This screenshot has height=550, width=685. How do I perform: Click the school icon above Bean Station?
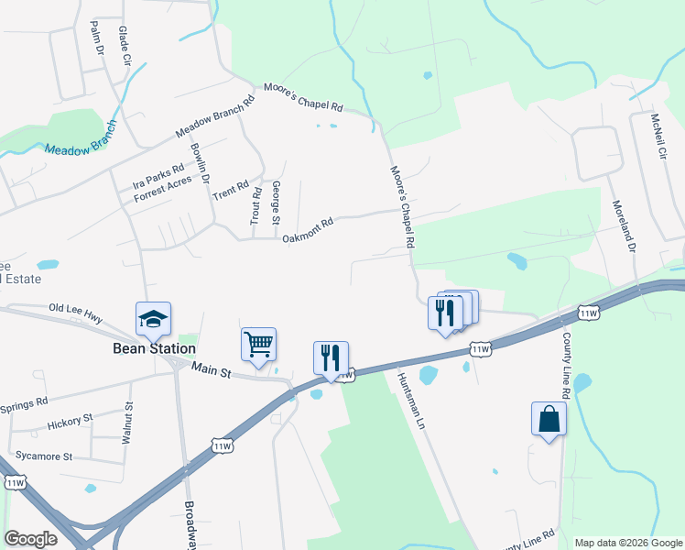pyautogui.click(x=154, y=318)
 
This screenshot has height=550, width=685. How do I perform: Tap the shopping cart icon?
pyautogui.click(x=258, y=345)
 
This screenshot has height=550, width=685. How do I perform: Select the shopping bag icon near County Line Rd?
pyautogui.click(x=549, y=418)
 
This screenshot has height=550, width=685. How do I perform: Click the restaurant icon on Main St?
pyautogui.click(x=331, y=357)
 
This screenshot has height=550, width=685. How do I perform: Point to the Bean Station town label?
pyautogui.click(x=154, y=348)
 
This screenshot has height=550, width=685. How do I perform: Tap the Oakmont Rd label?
pyautogui.click(x=307, y=230)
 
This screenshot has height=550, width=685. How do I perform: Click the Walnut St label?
pyautogui.click(x=129, y=423)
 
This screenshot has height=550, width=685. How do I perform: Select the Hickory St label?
pyautogui.click(x=70, y=422)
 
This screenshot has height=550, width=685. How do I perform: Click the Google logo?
pyautogui.click(x=30, y=539)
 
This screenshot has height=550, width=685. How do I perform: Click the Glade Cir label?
pyautogui.click(x=125, y=44)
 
